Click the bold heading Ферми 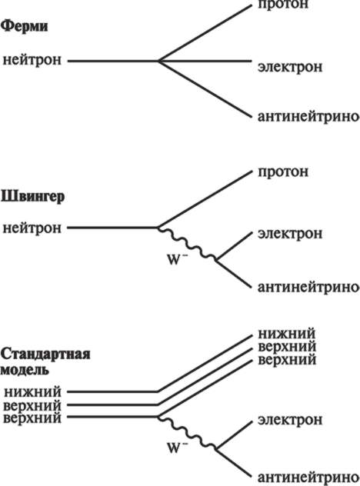pos(24,27)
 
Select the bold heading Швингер pos(32,197)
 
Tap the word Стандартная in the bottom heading pos(45,355)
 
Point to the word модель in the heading pos(25,370)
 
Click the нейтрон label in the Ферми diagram pos(32,61)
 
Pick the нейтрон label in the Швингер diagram pos(32,228)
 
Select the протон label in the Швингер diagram pos(283,171)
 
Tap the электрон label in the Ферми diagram pos(290,67)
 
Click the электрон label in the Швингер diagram pos(290,234)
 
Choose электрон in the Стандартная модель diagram pos(290,420)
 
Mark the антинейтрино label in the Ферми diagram pos(308,117)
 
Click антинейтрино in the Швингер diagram pos(308,287)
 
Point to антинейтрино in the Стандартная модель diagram pos(308,477)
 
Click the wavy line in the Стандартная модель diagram pos(187,432)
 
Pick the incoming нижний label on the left pos(33,392)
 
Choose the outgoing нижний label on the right pos(287,334)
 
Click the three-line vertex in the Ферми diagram pos(158,61)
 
